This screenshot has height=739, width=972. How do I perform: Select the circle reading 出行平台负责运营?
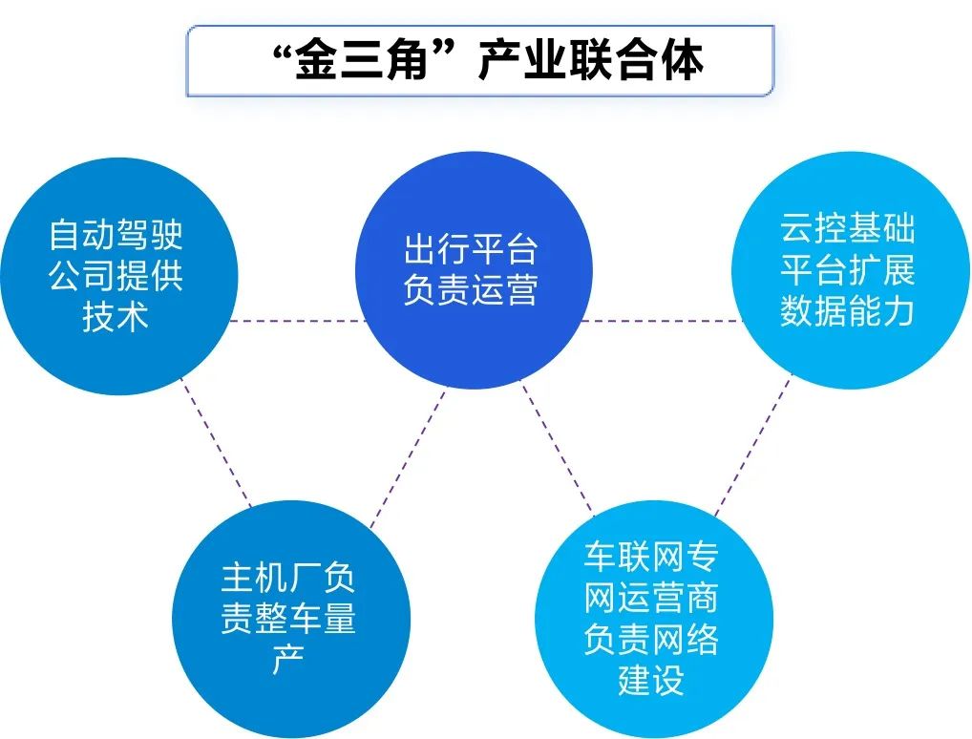coord(475,270)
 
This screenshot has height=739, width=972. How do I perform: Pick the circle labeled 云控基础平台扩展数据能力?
coord(851,270)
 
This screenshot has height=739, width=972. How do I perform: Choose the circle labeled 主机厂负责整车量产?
coord(291,619)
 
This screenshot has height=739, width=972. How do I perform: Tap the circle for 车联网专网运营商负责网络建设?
coord(654,619)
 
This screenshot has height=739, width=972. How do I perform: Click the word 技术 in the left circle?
coord(116,316)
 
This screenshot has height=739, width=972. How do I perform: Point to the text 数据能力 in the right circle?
coord(848,310)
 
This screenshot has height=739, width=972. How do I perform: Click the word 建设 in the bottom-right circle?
coord(651,680)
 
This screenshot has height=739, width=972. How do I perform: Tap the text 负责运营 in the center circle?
coord(471,290)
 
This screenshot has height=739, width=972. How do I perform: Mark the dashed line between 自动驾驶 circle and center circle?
coord(298,321)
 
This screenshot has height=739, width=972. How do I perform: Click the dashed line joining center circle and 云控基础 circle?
coord(662,321)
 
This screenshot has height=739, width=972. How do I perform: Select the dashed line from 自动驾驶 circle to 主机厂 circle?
coord(216,443)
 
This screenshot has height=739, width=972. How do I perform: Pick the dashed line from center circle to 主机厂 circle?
coord(409,457)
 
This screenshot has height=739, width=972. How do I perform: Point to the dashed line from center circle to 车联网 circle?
coord(558,448)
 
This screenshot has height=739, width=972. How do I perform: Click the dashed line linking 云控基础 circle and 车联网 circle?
coord(753,444)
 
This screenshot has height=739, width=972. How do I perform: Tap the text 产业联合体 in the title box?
coord(591,61)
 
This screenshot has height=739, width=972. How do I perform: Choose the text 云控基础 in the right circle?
coord(848,229)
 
